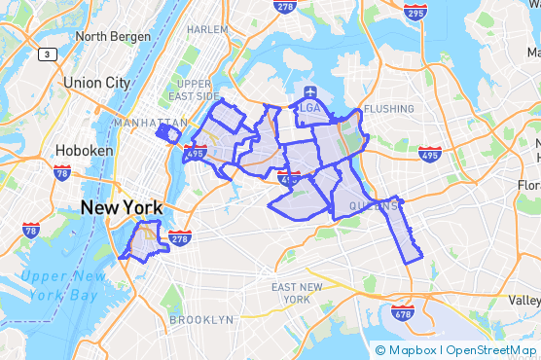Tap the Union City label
pyautogui.click(x=95, y=83)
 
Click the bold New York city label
pyautogui.click(x=120, y=206)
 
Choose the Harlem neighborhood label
pyautogui.click(x=206, y=30)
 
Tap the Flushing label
pyautogui.click(x=387, y=109)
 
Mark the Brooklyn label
pyautogui.click(x=201, y=319)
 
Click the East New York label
pyautogui.click(x=298, y=293)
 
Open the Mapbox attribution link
pyautogui.click(x=405, y=350)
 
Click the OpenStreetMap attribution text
pyautogui.click(x=491, y=350)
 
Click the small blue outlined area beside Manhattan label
pyautogui.click(x=168, y=133)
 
